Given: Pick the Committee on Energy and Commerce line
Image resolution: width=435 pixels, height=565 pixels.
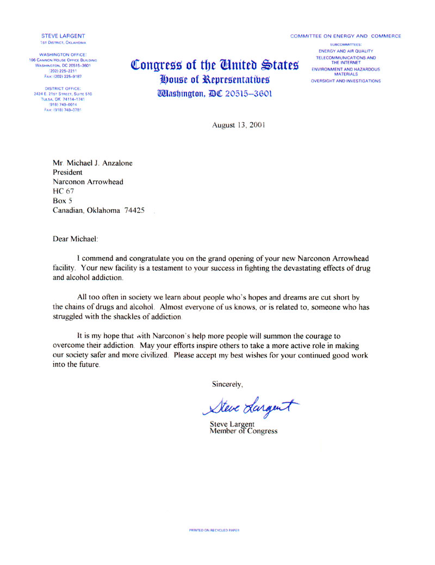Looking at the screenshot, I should click(x=346, y=36).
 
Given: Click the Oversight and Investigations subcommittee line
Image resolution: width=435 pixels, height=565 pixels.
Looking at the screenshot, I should click(x=346, y=81).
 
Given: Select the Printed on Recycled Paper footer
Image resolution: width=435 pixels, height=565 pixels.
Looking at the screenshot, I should click(x=214, y=529).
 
